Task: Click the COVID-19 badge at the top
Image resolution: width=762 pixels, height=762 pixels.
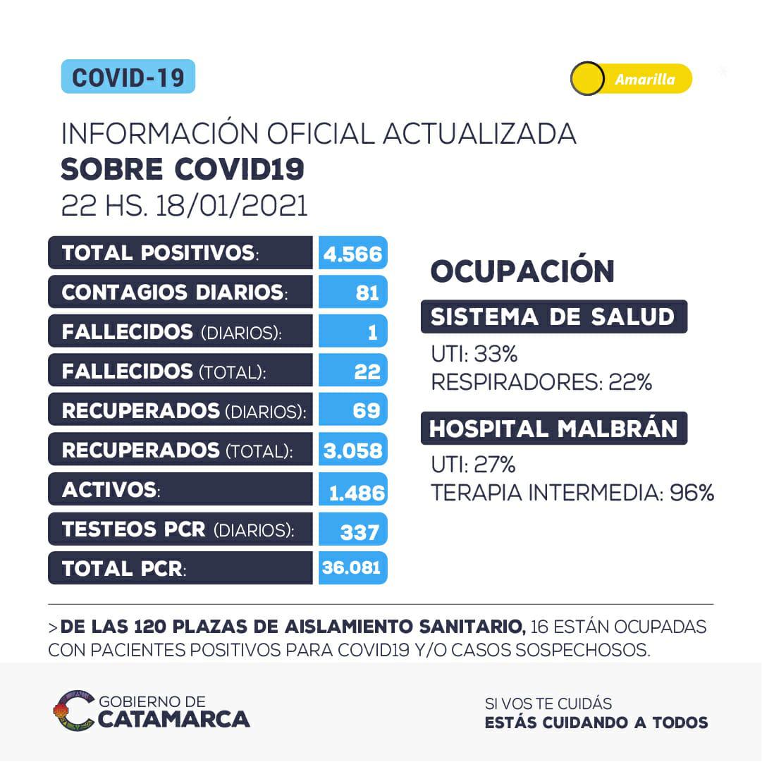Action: click(x=128, y=77)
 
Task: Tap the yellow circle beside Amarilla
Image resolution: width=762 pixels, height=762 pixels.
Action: click(x=587, y=79)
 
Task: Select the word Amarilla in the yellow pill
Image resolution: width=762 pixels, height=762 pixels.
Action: click(x=644, y=80)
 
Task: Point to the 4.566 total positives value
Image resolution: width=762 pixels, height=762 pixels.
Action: click(x=352, y=253)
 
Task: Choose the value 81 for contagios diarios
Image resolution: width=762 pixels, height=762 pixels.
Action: click(x=367, y=293)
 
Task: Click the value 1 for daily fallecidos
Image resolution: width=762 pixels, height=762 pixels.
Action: click(x=372, y=332)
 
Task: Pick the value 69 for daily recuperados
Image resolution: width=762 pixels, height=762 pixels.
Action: click(x=367, y=410)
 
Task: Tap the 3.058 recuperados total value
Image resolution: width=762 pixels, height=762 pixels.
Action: click(x=352, y=450)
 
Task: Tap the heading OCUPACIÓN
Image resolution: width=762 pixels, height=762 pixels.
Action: click(x=522, y=271)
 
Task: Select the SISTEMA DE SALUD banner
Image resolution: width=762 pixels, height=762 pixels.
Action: click(x=553, y=317)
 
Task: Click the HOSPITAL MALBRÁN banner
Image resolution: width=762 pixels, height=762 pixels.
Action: click(x=553, y=429)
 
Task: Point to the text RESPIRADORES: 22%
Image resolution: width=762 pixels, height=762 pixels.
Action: click(x=541, y=382)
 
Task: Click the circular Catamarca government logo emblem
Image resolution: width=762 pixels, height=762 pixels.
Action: click(x=74, y=711)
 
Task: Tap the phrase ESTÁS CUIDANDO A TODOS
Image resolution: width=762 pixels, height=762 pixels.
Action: click(x=596, y=723)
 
